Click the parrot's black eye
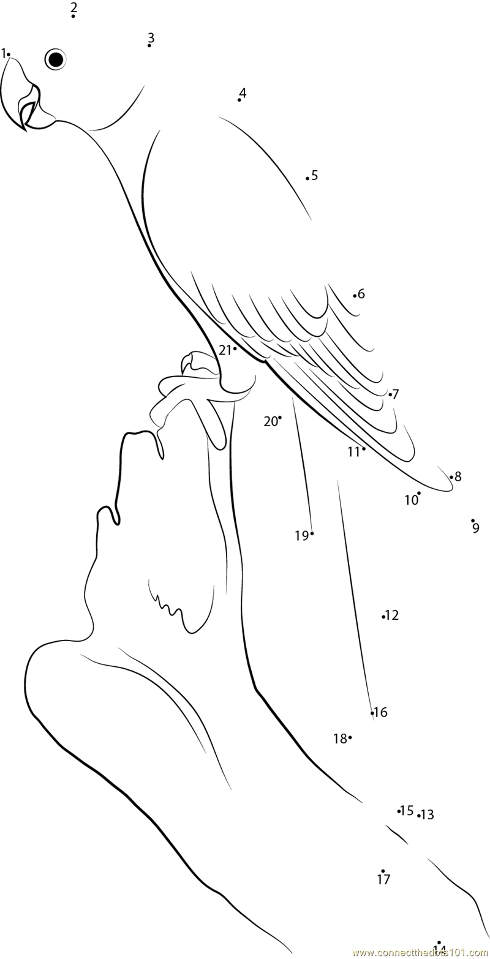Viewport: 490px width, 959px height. point(56,59)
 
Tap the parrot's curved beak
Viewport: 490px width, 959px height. point(21,98)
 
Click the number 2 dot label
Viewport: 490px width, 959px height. point(73,7)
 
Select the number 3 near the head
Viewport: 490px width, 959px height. point(151,38)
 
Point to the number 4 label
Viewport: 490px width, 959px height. point(243,93)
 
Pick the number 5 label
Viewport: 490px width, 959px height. point(314,175)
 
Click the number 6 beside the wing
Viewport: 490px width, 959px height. point(361,294)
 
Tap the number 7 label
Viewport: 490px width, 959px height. point(396,394)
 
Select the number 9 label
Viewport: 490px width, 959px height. point(476,528)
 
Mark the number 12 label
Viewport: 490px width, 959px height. point(392,615)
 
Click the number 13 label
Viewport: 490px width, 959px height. point(428,814)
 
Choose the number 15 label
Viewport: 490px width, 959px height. point(407,811)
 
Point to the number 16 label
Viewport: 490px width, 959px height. point(380,712)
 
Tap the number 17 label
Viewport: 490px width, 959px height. point(383,879)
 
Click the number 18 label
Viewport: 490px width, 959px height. point(340,739)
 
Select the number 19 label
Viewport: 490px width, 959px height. point(301,536)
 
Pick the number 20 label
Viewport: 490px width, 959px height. point(271,421)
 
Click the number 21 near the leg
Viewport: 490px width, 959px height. point(225,350)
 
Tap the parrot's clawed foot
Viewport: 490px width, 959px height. point(190,392)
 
